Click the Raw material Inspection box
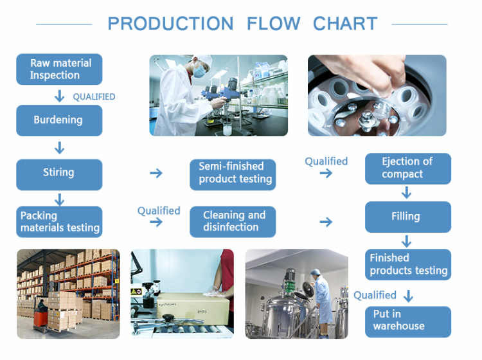59,69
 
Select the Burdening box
59,120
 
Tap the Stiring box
59,173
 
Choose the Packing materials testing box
59,222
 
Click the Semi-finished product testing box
233,174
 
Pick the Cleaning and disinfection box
233,222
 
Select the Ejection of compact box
408,168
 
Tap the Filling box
408,217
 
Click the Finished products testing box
408,264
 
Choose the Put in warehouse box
408,321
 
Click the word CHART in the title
345,24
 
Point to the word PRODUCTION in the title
170,24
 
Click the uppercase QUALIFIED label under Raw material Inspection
94,97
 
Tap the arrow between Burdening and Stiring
60,148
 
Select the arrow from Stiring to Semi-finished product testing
156,173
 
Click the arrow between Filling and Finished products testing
406,241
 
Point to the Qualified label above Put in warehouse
375,295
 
